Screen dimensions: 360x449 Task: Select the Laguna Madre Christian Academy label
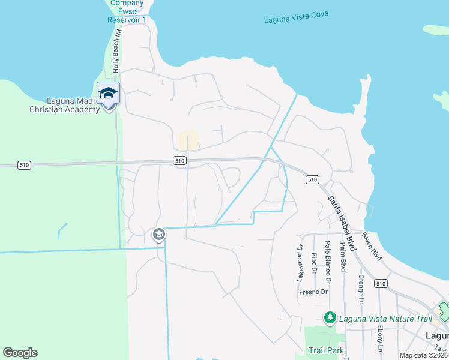pyautogui.click(x=64, y=105)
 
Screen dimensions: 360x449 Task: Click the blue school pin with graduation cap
pyautogui.click(x=108, y=94)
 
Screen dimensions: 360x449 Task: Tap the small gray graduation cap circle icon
pyautogui.click(x=159, y=234)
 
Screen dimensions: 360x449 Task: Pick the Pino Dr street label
pyautogui.click(x=314, y=263)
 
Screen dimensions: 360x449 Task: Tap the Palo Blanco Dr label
pyautogui.click(x=328, y=262)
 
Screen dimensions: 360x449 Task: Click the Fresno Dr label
pyautogui.click(x=313, y=292)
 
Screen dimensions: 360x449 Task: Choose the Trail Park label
pyautogui.click(x=326, y=350)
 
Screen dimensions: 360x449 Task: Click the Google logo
pyautogui.click(x=20, y=352)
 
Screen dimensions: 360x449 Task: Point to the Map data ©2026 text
pyautogui.click(x=424, y=355)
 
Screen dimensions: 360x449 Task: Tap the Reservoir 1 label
pyautogui.click(x=127, y=20)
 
